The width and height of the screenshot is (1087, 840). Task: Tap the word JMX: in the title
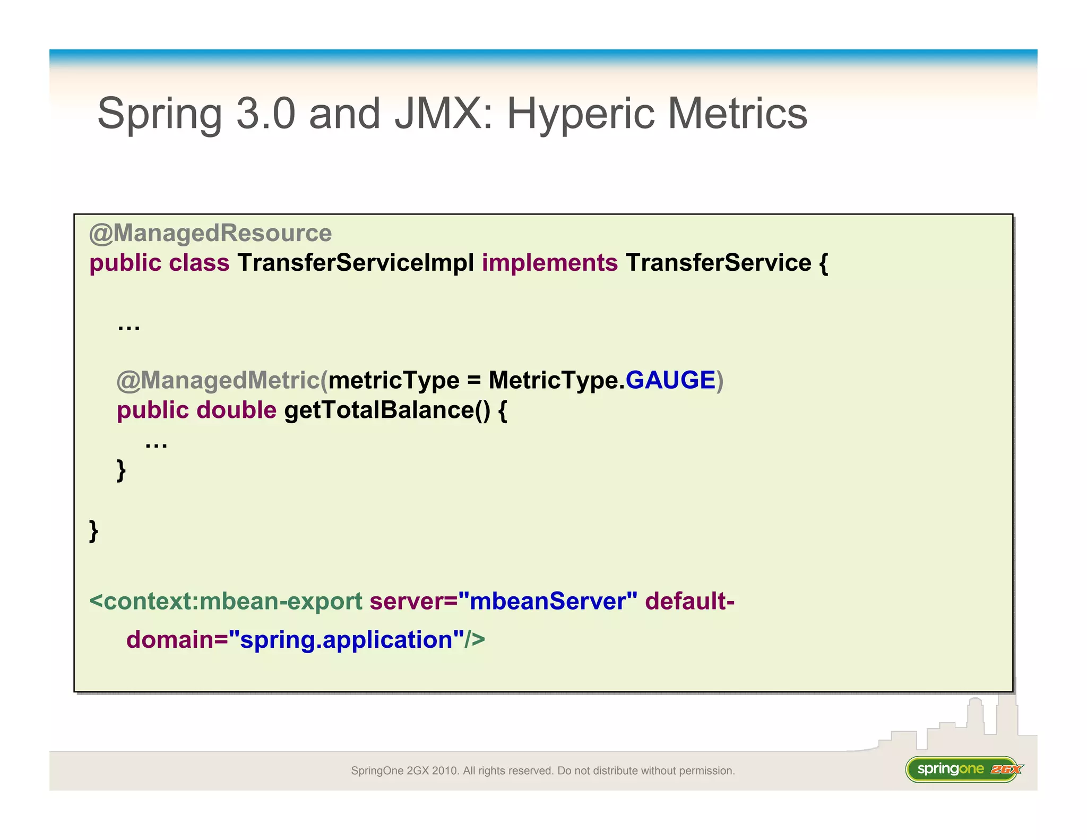[443, 114]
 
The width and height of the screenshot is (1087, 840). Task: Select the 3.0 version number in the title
[265, 114]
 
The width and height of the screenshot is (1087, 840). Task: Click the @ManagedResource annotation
[210, 233]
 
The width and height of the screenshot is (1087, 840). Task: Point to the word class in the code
[199, 263]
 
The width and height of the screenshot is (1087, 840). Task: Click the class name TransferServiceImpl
[356, 263]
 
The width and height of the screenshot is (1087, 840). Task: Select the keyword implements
[549, 263]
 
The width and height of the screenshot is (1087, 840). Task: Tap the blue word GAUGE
[670, 380]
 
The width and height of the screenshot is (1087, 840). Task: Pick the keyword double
[236, 410]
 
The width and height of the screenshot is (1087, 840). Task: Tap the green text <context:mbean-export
[226, 601]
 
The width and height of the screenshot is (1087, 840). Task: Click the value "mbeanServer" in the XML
[547, 601]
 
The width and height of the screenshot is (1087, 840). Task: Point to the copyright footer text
[542, 770]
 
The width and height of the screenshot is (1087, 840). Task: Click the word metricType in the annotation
[393, 381]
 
